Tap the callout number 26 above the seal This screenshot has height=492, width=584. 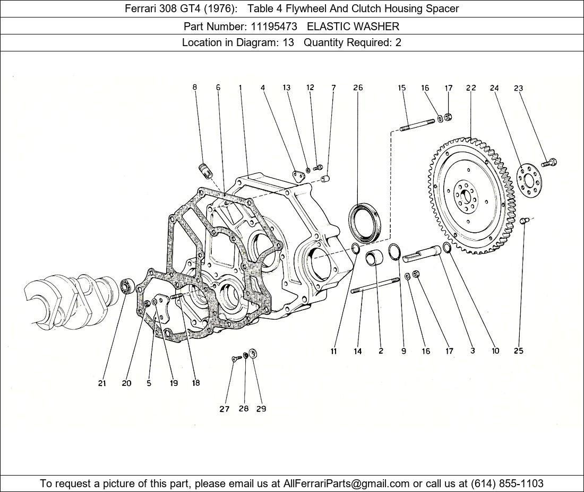[x=358, y=87]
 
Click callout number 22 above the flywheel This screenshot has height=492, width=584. [x=471, y=88]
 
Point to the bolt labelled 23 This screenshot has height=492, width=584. [x=549, y=162]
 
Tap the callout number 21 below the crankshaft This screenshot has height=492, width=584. [x=102, y=383]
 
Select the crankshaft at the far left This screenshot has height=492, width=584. [x=69, y=300]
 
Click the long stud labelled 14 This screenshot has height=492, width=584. [x=375, y=285]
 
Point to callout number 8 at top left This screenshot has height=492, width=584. [x=195, y=87]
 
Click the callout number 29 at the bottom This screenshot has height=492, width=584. [x=261, y=409]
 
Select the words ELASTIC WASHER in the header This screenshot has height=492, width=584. [x=353, y=26]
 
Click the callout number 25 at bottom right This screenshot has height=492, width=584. [x=519, y=350]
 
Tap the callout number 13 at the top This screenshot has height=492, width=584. [x=287, y=87]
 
